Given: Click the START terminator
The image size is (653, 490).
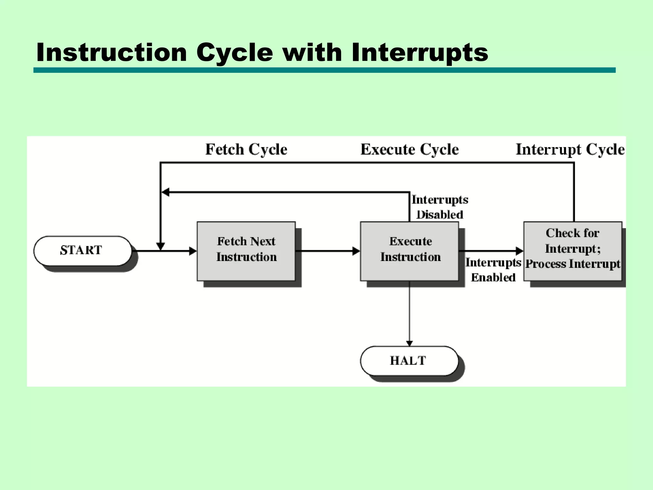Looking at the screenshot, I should pos(83,251).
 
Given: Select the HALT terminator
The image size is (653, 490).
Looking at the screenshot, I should pos(409,361).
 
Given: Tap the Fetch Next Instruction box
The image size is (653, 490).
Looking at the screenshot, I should pos(246,251).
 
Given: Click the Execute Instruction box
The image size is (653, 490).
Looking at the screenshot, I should pos(409,251).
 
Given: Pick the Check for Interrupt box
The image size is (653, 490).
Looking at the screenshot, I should pos(573,251).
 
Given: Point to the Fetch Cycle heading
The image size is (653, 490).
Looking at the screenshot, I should pos(246,149).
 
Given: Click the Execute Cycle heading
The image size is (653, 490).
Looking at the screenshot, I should pos(409,149).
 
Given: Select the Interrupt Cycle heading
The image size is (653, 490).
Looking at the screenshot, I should pos(570,149).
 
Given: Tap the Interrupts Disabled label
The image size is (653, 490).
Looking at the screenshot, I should pos(440,207).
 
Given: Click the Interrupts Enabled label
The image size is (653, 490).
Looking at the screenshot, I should pos(493,270).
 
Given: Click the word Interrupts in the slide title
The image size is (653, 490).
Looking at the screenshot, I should pos(420,52).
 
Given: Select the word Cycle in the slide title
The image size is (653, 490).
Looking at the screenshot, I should pos(235,52).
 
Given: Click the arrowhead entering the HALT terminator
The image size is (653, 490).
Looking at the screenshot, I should pos(409,343).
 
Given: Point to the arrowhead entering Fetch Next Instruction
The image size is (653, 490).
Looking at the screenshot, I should pos(193,251).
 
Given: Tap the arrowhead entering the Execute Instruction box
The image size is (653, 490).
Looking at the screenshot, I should pos(356,251).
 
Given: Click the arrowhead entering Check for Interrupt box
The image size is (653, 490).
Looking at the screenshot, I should pos(519,251).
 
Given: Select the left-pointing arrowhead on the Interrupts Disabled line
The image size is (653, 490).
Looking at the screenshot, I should pos(165,192).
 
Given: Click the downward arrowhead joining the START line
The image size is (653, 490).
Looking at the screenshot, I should pos(160,246).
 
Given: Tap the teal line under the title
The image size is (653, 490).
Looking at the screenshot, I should pos(324,70).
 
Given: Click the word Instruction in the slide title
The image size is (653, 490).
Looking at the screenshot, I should pos(112,52).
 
